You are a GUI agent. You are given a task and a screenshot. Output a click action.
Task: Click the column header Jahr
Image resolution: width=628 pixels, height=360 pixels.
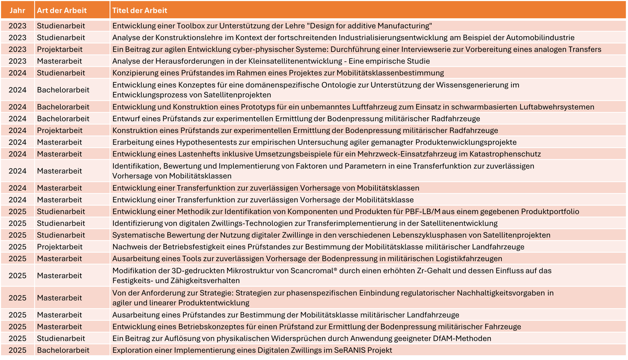17,10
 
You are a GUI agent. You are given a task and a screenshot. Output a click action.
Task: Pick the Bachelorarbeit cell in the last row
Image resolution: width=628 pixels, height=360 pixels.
63,350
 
